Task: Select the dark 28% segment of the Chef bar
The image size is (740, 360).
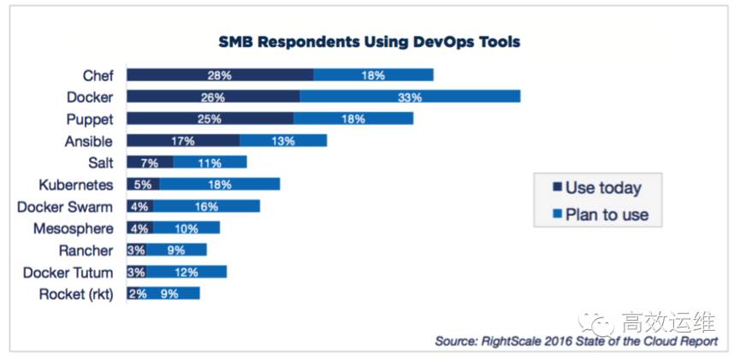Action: click(220, 75)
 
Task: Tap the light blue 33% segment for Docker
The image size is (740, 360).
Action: click(410, 97)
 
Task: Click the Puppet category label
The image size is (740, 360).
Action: click(89, 118)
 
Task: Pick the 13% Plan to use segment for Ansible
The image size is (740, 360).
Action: click(282, 140)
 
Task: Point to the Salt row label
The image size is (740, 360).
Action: click(99, 162)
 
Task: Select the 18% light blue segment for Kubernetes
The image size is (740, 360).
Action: click(220, 184)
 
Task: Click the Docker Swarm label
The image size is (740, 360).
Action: click(66, 206)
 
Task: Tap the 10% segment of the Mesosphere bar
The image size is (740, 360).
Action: click(186, 228)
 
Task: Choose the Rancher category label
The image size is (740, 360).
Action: click(85, 251)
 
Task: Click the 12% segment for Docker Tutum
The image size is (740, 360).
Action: click(186, 272)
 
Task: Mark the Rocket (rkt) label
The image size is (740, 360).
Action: click(76, 294)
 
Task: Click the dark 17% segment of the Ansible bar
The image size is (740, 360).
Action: click(183, 140)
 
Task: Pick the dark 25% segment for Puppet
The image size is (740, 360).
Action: click(210, 118)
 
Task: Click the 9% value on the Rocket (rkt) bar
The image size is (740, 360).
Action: click(169, 294)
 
